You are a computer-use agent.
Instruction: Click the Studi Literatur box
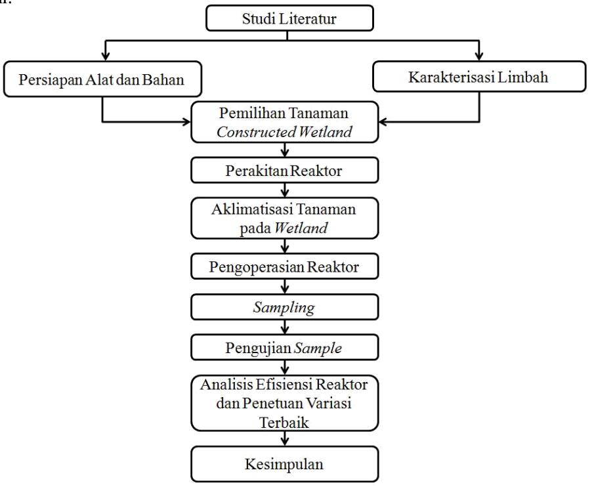point(290,18)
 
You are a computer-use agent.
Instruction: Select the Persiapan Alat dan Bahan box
point(102,79)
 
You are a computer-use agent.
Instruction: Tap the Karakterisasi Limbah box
point(479,77)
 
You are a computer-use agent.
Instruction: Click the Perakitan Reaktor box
point(284,171)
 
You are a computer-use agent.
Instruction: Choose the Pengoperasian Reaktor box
point(284,266)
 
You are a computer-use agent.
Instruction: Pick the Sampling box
point(284,307)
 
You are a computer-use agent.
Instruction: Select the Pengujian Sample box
point(284,347)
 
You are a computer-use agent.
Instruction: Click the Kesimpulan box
point(284,464)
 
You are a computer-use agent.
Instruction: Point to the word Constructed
point(257,132)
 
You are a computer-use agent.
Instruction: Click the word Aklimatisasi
point(251,209)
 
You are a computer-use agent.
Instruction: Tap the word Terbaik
point(284,422)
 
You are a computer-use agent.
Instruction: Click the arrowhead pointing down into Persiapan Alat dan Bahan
point(106,56)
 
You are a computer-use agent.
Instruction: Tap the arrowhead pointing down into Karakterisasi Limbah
point(479,56)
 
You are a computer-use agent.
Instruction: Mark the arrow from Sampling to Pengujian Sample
point(284,328)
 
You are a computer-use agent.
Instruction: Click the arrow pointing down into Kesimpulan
point(284,438)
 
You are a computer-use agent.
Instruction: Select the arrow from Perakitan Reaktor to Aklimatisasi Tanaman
point(284,190)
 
